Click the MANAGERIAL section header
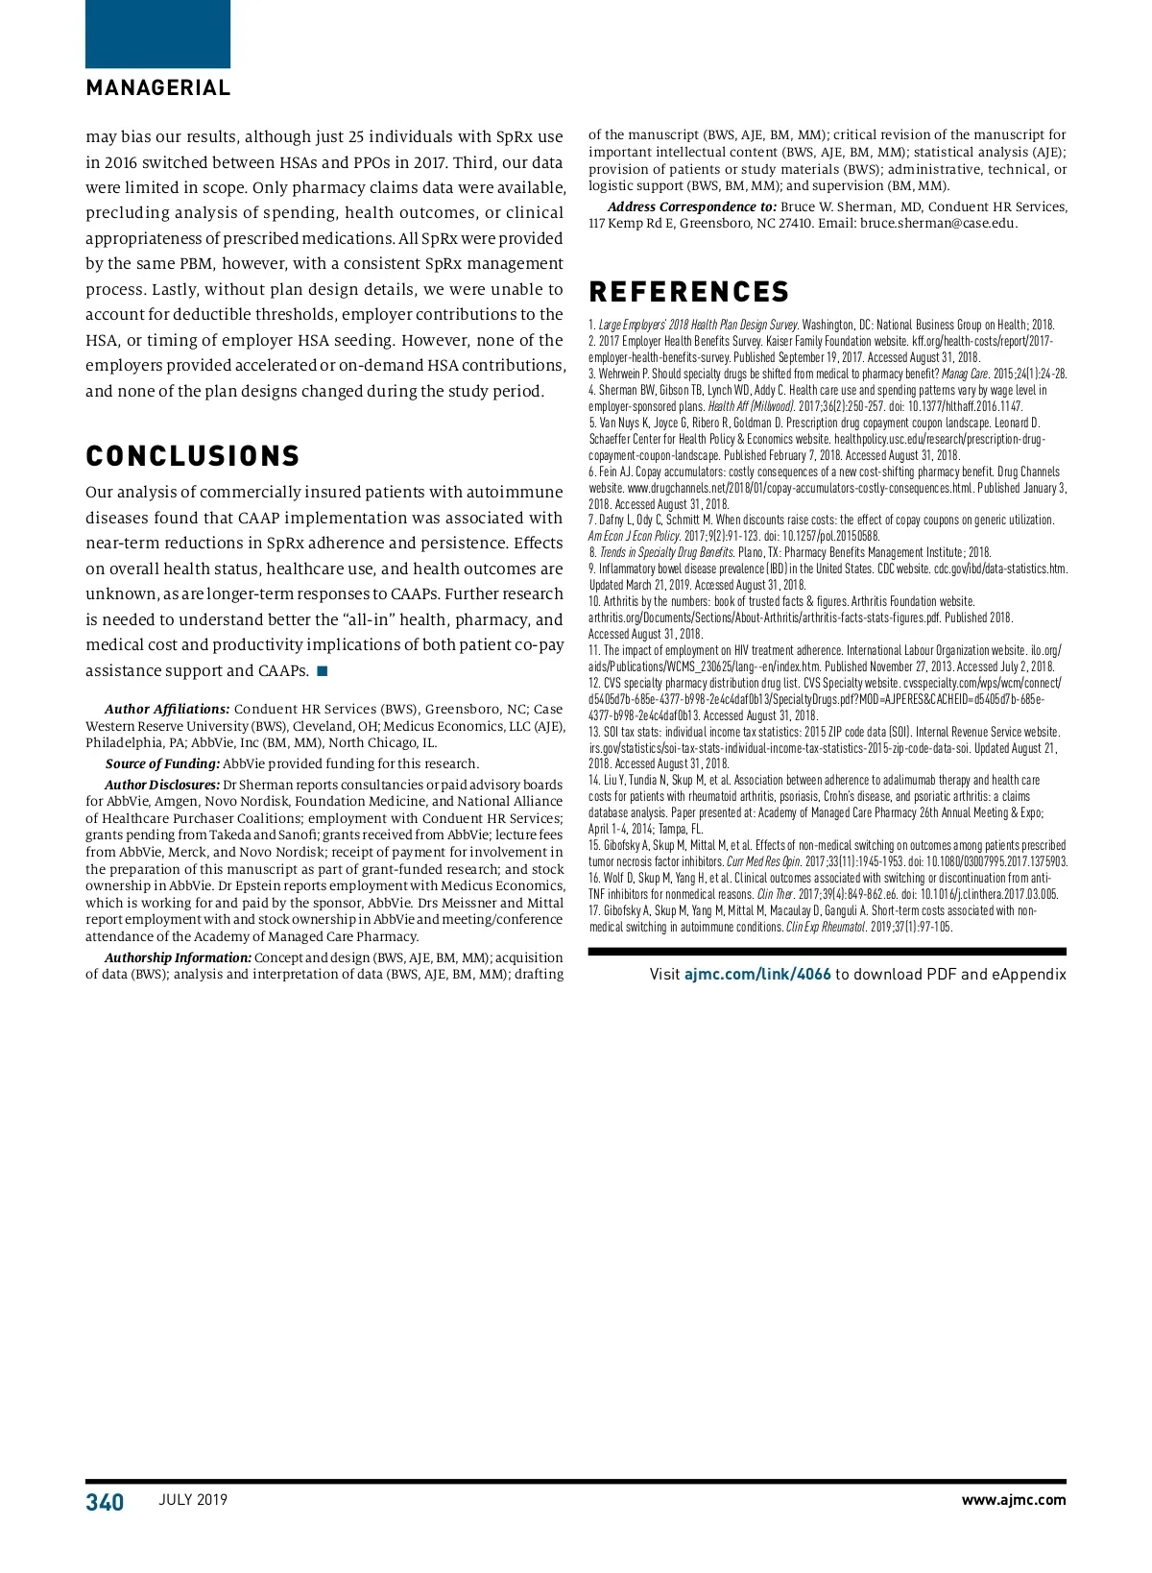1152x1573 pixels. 158,87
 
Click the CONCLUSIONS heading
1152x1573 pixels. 193,455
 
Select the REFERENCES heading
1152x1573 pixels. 689,292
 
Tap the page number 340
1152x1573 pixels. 105,1502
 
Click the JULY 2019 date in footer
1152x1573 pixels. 193,1500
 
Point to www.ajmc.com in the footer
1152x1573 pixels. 1013,1500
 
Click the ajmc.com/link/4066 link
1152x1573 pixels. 757,974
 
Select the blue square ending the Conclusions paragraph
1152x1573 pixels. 323,670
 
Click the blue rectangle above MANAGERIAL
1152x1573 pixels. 158,34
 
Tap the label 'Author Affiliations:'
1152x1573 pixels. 167,710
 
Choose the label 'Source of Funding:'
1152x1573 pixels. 162,764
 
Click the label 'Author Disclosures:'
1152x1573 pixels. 162,786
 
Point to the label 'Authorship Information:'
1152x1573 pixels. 178,958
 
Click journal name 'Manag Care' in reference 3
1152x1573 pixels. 964,374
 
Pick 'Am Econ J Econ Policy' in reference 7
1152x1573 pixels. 634,536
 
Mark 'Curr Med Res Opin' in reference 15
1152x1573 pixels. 763,862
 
